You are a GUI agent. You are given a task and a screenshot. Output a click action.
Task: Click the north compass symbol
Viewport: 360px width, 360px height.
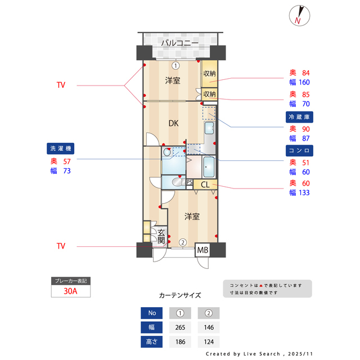298,16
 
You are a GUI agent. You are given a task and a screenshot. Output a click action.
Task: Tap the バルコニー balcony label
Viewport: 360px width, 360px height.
179,43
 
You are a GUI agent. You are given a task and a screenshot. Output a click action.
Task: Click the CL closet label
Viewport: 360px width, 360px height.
205,184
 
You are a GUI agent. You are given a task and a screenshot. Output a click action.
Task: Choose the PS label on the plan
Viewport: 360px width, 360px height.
190,182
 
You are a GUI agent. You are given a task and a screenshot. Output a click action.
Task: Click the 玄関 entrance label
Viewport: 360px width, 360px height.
161,237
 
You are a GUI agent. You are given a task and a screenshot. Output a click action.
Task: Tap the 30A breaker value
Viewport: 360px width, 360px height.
70,291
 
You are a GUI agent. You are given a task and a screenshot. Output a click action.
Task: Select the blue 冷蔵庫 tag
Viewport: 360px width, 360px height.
300,116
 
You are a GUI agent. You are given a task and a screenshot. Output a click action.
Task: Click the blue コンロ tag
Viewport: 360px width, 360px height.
300,151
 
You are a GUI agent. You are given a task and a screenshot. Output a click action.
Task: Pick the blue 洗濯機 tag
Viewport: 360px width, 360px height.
61,149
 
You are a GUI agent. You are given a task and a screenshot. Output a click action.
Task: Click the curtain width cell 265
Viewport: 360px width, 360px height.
180,327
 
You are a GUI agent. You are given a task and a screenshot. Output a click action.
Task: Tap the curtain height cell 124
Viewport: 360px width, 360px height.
209,341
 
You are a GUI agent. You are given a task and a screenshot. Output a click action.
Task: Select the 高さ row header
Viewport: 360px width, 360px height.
151,341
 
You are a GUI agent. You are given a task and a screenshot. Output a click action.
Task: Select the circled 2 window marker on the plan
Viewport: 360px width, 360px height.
183,242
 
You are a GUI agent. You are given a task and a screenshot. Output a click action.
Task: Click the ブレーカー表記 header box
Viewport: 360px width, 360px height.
70,280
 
